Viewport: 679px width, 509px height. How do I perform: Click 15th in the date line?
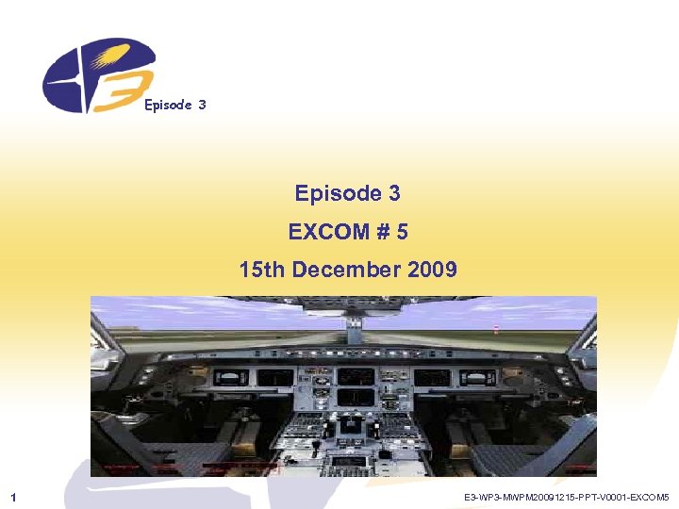click(x=263, y=271)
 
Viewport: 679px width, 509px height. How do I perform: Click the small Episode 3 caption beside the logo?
click(x=174, y=105)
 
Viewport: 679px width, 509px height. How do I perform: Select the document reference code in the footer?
click(x=566, y=496)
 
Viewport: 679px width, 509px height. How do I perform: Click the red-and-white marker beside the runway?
click(x=496, y=329)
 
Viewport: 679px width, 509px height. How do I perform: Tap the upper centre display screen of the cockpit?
click(x=355, y=376)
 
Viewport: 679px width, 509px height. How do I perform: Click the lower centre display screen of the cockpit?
click(x=355, y=398)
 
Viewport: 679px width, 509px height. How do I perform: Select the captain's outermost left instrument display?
click(x=226, y=378)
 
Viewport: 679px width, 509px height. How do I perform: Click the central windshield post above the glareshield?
click(x=354, y=330)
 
